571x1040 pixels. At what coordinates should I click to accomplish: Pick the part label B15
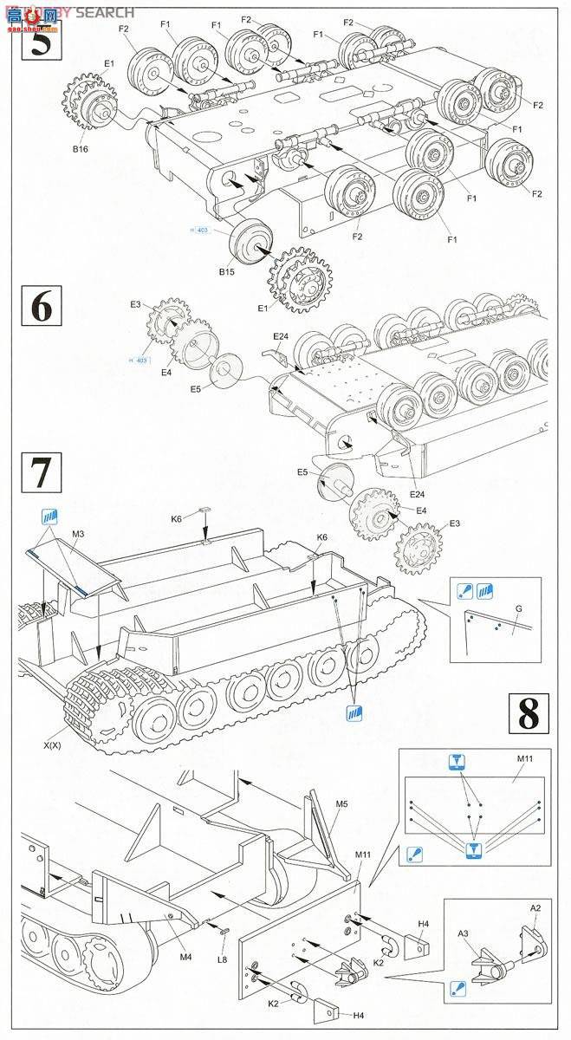(x=226, y=272)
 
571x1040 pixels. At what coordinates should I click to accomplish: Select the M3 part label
(x=78, y=534)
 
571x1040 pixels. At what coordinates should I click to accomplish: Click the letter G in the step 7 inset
(x=517, y=609)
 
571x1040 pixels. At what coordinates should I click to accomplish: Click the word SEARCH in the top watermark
(x=105, y=12)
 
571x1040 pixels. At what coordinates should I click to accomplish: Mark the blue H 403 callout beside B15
(x=200, y=230)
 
